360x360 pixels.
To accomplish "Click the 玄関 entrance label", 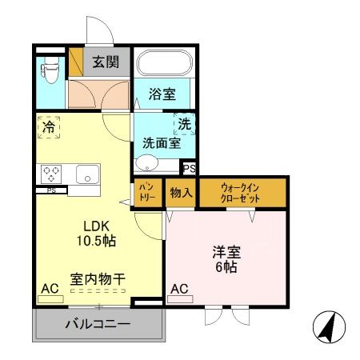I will coord(105,61).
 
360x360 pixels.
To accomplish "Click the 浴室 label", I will coord(162,94).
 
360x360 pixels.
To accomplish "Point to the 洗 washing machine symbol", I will coord(185,125).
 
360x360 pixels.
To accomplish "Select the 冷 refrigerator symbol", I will coord(49,126).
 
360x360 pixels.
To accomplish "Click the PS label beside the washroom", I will coord(190,169).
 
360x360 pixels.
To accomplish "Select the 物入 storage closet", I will coord(179,194).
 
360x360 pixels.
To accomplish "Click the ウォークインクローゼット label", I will coord(242,194).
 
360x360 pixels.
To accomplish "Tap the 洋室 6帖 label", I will coord(226,258).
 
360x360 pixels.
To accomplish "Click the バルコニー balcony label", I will coord(97,325).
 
